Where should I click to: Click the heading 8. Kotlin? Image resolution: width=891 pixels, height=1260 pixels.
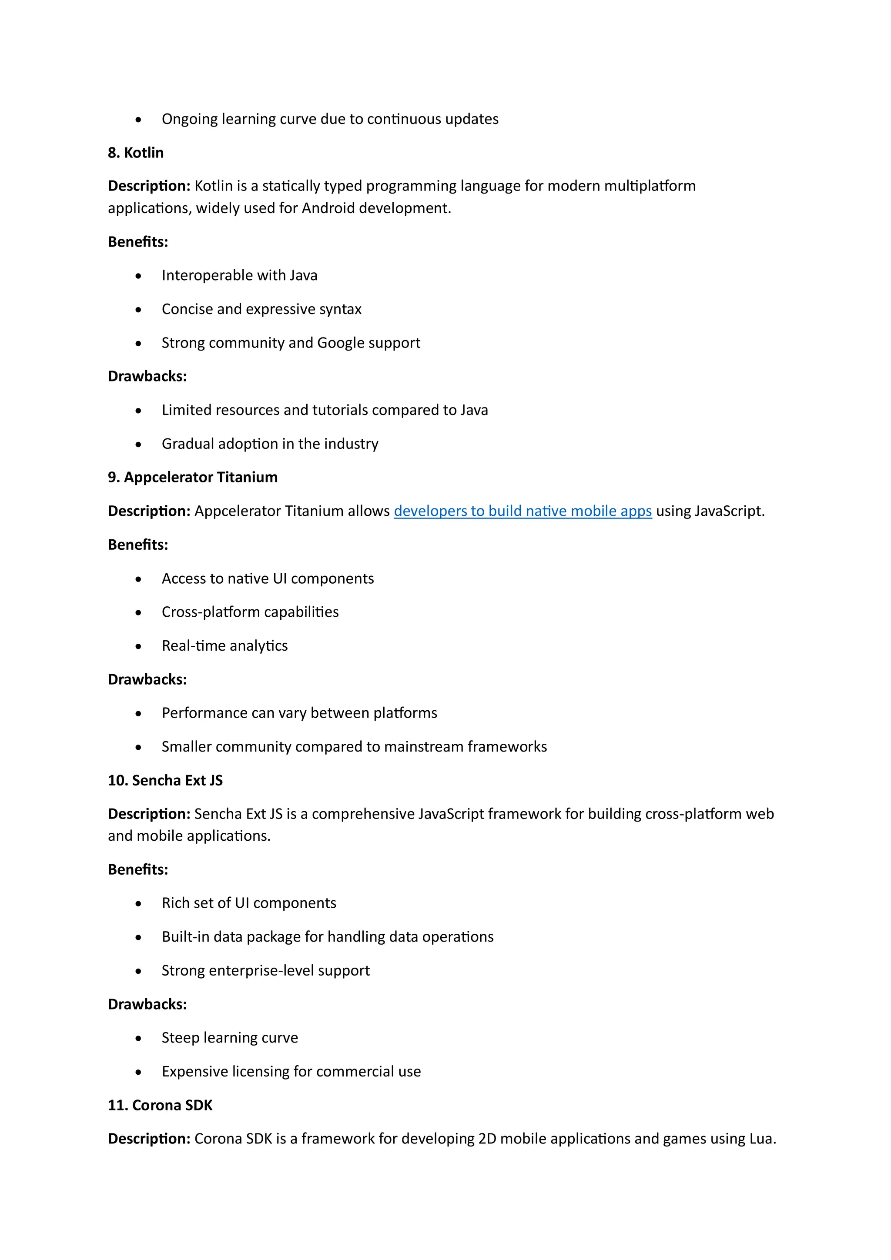click(136, 153)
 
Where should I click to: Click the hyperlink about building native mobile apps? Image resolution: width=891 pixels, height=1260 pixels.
click(522, 511)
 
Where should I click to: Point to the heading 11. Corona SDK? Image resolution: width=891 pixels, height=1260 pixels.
click(160, 1105)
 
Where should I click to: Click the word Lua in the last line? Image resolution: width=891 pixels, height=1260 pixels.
click(760, 1139)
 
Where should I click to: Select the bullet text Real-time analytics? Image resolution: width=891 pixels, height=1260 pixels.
click(224, 646)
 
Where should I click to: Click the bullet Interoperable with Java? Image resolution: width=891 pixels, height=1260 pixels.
click(239, 275)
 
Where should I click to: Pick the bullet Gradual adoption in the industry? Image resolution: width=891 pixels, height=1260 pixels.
click(270, 444)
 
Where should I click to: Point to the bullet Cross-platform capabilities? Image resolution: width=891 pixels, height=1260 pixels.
click(250, 612)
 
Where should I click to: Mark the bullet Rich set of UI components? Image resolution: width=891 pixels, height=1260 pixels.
click(249, 903)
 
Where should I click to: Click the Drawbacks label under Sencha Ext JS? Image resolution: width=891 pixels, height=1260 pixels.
click(147, 1004)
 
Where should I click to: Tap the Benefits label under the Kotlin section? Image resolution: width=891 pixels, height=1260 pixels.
click(138, 242)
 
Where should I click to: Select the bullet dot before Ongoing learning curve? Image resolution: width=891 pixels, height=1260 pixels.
click(138, 120)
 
